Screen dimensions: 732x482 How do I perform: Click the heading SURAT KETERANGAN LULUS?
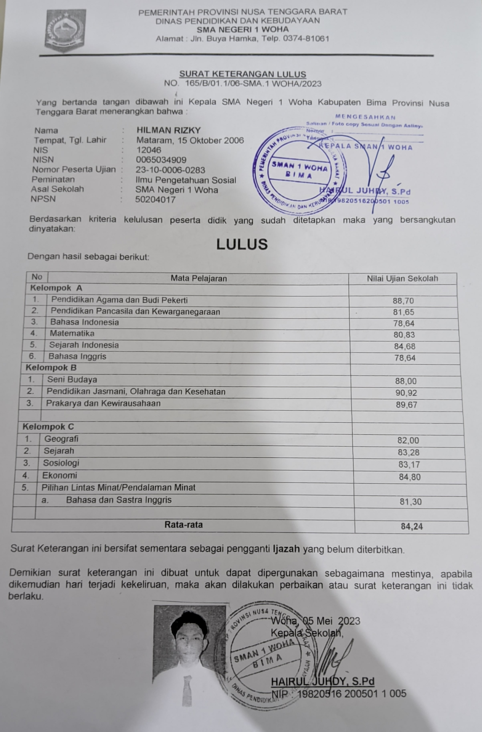click(243, 74)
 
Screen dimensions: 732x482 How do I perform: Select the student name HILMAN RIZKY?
click(169, 130)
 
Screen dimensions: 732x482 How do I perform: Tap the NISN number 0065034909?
click(161, 160)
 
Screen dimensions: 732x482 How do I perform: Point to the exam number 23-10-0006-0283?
click(170, 170)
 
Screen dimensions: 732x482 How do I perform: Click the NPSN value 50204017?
click(155, 200)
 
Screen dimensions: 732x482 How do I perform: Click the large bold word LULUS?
click(242, 244)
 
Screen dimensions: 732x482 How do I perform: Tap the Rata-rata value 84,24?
click(412, 526)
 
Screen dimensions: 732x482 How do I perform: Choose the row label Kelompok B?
click(51, 368)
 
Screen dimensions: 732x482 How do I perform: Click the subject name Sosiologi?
click(61, 463)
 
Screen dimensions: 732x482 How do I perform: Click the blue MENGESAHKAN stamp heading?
click(365, 117)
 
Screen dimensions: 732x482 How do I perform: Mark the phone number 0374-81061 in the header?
click(306, 39)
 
